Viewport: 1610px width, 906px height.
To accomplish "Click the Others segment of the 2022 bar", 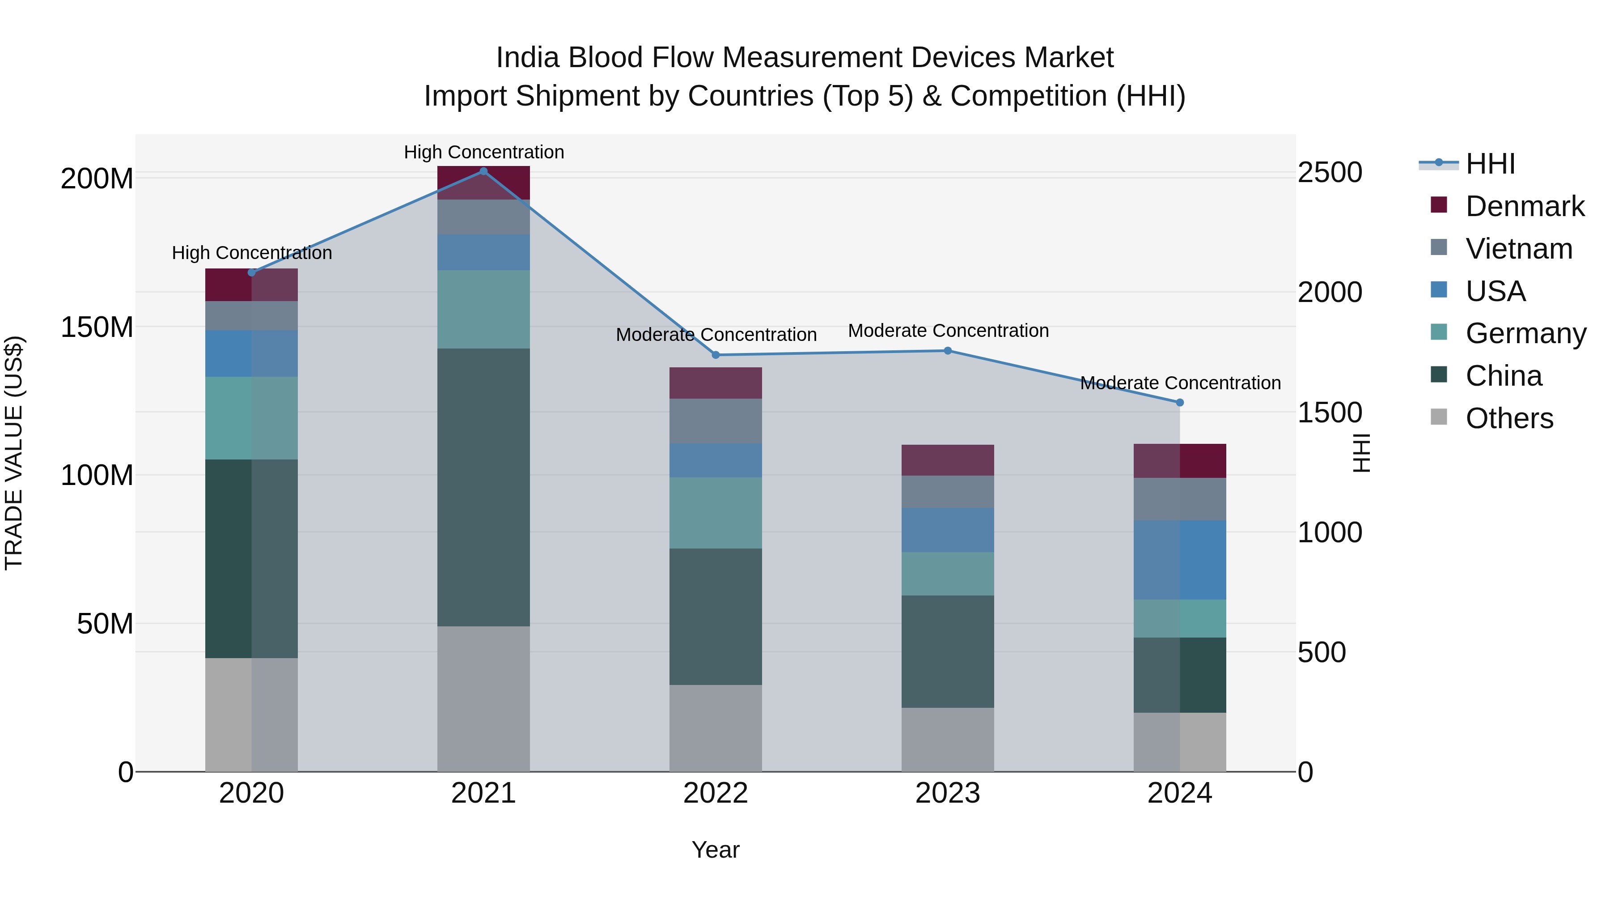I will point(716,728).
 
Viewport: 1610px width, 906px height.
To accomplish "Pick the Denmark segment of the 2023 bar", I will point(948,460).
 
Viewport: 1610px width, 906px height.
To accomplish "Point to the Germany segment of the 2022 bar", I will point(716,513).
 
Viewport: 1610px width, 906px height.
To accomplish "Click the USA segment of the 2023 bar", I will point(948,530).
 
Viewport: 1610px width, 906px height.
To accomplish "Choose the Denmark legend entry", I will point(1525,206).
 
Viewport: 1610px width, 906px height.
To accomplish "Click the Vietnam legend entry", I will point(1518,249).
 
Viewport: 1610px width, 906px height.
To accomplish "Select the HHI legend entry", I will point(1490,164).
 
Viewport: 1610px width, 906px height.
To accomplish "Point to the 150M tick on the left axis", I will point(97,327).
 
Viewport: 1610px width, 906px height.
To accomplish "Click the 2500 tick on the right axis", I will point(1330,173).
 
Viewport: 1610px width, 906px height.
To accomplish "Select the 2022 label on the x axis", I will point(716,793).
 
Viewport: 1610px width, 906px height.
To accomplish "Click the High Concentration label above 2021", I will point(484,152).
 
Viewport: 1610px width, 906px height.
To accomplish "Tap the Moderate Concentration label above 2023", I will point(948,330).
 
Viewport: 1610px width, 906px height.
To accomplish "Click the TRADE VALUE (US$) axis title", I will point(14,453).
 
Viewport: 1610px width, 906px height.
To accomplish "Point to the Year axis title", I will point(716,850).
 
